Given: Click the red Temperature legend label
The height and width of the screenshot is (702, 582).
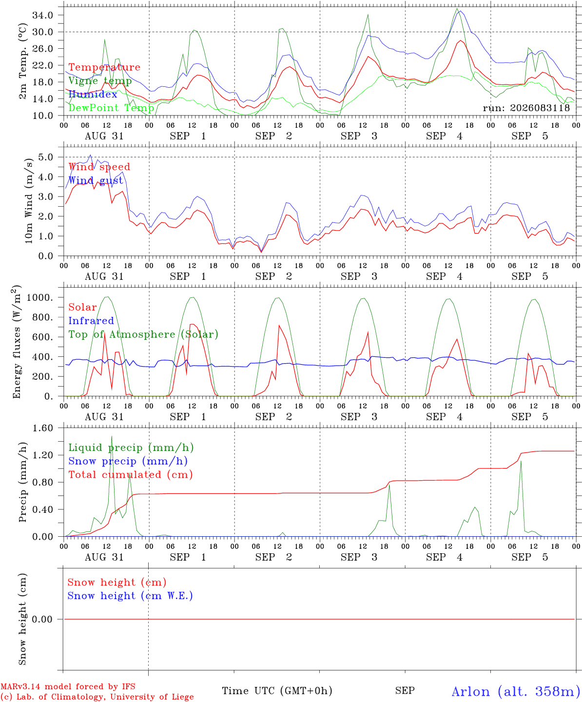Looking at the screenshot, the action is tap(104, 67).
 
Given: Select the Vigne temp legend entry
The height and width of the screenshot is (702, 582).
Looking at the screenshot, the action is tap(100, 81).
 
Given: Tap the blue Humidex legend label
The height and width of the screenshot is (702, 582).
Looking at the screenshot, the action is tap(93, 94).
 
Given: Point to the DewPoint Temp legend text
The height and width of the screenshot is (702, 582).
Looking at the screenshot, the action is tap(111, 108).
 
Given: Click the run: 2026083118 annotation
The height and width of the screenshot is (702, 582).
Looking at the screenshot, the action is tap(526, 108).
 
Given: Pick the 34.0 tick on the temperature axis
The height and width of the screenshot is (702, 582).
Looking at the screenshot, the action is tap(43, 15).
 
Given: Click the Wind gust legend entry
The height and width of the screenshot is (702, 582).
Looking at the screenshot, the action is tap(96, 180).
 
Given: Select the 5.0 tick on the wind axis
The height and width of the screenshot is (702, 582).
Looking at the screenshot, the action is tap(46, 157).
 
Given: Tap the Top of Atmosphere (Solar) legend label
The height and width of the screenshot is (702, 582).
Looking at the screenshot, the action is tap(143, 334).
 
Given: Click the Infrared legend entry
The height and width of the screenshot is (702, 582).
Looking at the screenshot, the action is tap(91, 321).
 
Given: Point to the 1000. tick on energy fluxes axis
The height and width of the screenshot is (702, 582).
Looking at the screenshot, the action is tap(40, 297).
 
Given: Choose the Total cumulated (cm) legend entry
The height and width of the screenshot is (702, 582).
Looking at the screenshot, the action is tap(131, 475).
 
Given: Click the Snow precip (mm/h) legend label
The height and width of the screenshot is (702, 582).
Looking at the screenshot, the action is tap(128, 461).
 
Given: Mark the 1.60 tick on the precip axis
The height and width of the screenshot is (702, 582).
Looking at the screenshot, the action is tap(43, 429).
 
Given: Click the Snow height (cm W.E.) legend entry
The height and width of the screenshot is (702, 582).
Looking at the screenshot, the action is tap(130, 596).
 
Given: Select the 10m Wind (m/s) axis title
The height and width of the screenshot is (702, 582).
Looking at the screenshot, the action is tap(29, 200).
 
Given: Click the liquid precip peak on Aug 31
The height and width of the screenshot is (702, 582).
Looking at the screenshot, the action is tap(112, 436).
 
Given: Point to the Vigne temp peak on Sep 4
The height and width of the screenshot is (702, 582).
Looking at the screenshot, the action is tap(457, 9).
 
